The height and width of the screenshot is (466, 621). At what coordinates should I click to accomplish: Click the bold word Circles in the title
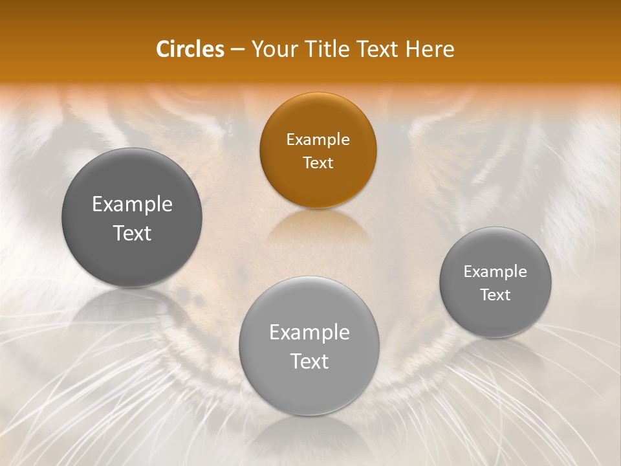190,49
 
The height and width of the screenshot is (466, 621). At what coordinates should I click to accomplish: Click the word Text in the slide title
379,49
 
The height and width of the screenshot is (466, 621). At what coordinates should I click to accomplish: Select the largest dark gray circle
132,217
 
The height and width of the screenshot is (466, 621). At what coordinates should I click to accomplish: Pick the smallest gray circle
496,282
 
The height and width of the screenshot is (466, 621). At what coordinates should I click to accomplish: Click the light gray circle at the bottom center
309,346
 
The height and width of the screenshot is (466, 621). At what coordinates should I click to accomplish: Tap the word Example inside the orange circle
318,140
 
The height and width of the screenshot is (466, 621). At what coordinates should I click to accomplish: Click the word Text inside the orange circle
318,162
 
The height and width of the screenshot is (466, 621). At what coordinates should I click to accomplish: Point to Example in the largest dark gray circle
132,205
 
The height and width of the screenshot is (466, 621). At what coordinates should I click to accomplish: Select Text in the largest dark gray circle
132,233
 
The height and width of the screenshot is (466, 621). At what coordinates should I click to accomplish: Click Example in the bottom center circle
309,333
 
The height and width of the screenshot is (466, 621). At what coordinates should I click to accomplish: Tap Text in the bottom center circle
309,361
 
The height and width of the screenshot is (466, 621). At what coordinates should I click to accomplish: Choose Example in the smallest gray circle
496,272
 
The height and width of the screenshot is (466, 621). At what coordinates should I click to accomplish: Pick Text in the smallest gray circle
496,295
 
